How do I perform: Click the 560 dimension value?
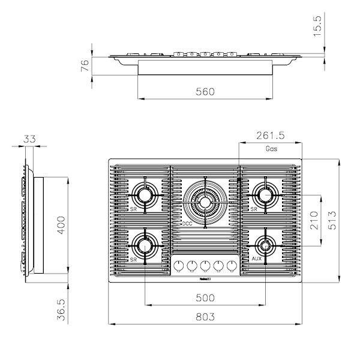tap(206, 92)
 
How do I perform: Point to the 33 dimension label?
tap(28, 139)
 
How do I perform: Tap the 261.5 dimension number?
tap(269, 136)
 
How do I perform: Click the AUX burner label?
tap(257, 259)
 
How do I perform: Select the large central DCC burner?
tap(205, 203)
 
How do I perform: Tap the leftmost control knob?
tap(178, 265)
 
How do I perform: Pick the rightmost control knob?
tap(232, 265)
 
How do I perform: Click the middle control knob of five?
tap(205, 265)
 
